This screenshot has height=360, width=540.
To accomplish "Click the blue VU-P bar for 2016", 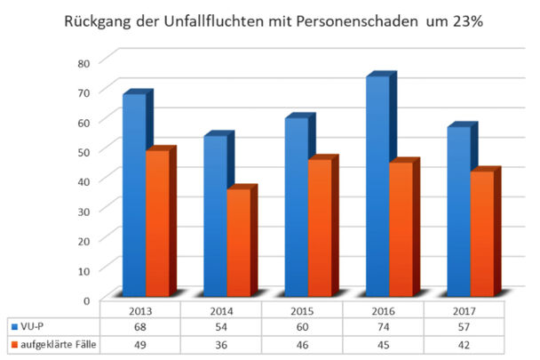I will click(x=377, y=187).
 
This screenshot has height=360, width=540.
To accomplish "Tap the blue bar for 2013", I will click(x=134, y=195).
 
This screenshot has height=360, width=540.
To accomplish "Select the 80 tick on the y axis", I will click(x=83, y=62).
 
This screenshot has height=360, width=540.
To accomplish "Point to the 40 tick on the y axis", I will click(x=83, y=180).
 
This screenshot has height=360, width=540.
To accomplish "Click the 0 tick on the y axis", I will click(x=85, y=300).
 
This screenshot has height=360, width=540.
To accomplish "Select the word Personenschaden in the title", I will click(x=348, y=19).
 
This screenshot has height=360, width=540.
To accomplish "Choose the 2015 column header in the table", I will click(x=302, y=313).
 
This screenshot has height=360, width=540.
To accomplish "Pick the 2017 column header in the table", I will click(x=464, y=313).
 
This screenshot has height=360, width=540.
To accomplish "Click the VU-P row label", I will click(x=35, y=328).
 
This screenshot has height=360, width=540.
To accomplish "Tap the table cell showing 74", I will click(x=383, y=328).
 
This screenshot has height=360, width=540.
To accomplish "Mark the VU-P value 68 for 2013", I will click(x=140, y=328).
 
